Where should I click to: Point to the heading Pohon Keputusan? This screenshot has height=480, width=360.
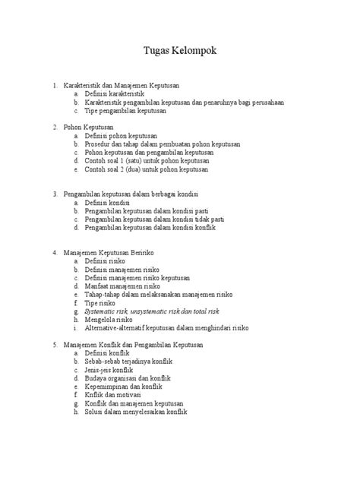point(89,127)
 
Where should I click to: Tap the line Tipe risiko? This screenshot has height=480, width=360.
point(103,303)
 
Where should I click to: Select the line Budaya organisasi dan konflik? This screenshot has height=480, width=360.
point(128,378)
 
